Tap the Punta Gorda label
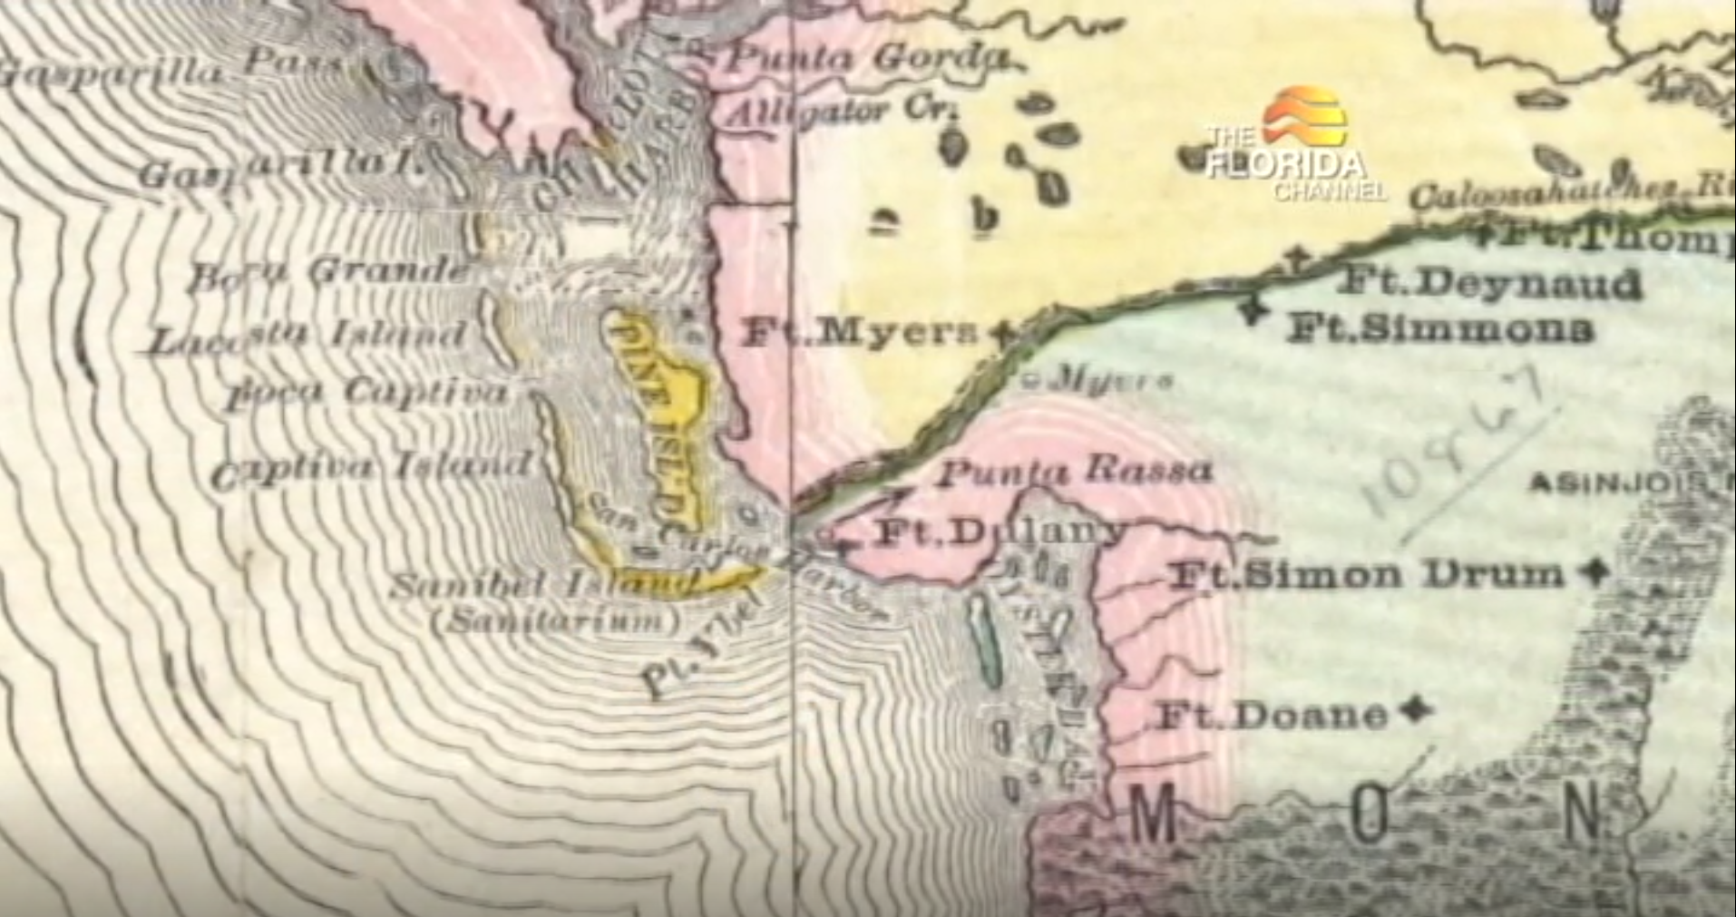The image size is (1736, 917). (x=869, y=59)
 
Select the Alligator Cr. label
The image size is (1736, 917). (x=844, y=112)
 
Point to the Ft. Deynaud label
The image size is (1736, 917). (x=1490, y=283)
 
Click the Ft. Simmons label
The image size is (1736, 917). (x=1439, y=327)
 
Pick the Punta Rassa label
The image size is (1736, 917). (x=1075, y=472)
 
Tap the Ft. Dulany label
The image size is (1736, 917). (x=998, y=533)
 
